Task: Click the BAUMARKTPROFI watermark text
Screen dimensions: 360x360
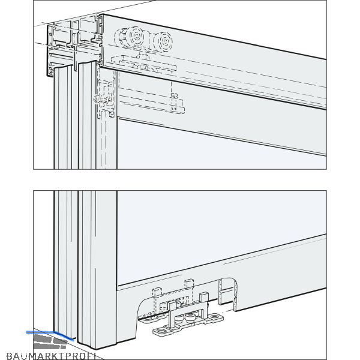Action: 52,356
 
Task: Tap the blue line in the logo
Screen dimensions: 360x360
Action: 50,335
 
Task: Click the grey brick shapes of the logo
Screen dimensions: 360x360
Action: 50,341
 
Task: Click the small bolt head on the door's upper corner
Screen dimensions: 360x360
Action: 96,100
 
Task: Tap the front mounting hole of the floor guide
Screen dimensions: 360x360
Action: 159,331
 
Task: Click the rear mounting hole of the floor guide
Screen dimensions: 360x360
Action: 215,317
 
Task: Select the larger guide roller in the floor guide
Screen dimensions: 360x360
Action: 191,317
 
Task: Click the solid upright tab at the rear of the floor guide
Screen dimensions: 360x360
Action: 204,298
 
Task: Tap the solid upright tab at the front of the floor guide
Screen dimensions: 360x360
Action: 172,307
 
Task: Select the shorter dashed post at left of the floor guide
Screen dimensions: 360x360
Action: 157,294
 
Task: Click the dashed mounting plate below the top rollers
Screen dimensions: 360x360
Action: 144,64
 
